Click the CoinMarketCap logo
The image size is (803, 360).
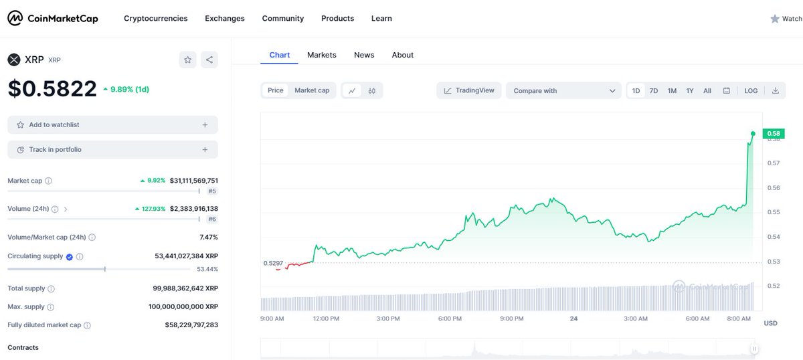(53, 18)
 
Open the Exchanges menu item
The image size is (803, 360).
(225, 18)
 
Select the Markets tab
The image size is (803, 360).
(322, 55)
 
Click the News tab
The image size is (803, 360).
(364, 55)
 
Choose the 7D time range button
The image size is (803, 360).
(654, 91)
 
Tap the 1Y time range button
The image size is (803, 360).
(690, 91)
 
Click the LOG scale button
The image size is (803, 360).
(751, 91)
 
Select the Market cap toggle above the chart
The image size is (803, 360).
(312, 90)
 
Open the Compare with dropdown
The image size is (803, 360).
(563, 91)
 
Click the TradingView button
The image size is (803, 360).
(469, 91)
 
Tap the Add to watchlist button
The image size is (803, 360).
(112, 124)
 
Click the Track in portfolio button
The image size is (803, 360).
(112, 149)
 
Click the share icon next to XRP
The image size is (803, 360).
(209, 60)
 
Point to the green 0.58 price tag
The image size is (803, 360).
(774, 133)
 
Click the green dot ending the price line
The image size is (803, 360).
(753, 134)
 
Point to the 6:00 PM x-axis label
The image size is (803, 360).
(450, 319)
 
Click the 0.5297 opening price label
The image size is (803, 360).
(273, 263)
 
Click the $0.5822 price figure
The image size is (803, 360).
(52, 88)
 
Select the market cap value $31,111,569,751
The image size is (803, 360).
(193, 181)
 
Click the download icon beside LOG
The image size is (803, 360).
(775, 91)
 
